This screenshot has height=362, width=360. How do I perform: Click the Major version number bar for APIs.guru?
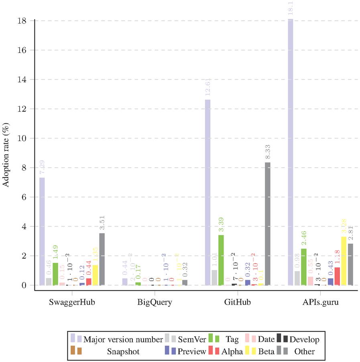[x=291, y=152]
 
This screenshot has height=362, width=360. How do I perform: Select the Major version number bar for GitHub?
[x=207, y=192]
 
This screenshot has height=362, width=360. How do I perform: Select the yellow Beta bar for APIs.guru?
[x=344, y=261]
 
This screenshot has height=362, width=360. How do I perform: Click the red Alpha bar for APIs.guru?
[x=337, y=276]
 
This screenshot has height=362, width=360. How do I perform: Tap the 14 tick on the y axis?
[x=24, y=79]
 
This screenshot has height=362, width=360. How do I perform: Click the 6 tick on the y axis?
[x=26, y=197]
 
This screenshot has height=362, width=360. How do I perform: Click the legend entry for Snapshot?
[x=123, y=351]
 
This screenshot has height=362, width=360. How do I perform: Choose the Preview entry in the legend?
[x=192, y=351]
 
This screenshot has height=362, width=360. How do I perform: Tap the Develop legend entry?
[x=304, y=340]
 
